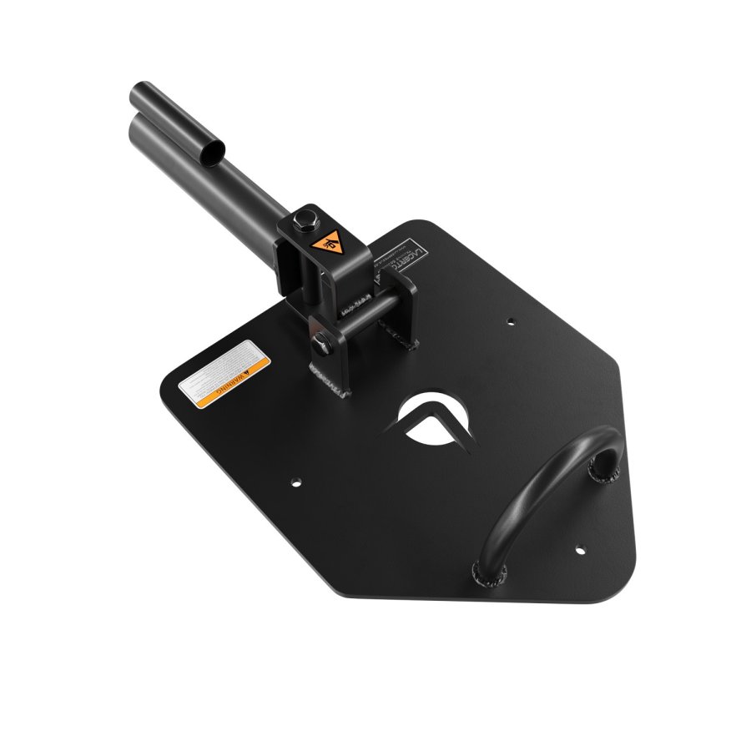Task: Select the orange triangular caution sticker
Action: coord(329,243)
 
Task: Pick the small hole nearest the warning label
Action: coord(295,481)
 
